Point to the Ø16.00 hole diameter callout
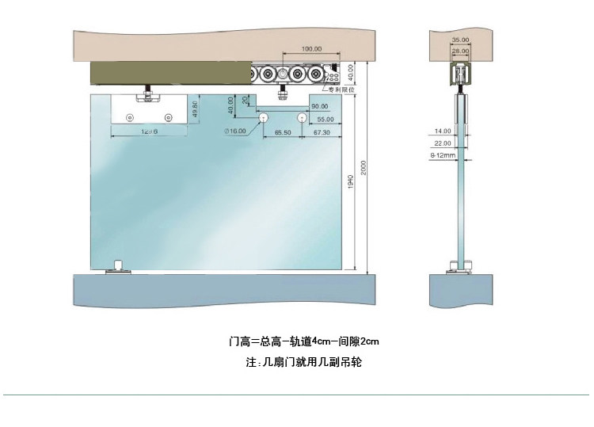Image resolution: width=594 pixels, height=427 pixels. point(236,131)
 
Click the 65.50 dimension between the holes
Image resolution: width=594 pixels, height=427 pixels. point(283,134)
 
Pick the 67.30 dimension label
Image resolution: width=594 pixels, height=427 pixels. point(321,134)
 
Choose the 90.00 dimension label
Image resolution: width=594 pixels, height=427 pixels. point(319,106)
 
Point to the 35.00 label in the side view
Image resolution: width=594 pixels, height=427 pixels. point(460,38)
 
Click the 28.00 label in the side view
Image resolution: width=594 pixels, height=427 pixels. point(460,50)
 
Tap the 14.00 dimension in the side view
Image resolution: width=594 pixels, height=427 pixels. point(442,131)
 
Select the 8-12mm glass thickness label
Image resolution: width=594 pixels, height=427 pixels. point(440,155)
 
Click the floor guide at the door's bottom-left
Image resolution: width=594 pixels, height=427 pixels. point(118,265)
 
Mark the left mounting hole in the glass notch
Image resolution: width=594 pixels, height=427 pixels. point(262,117)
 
